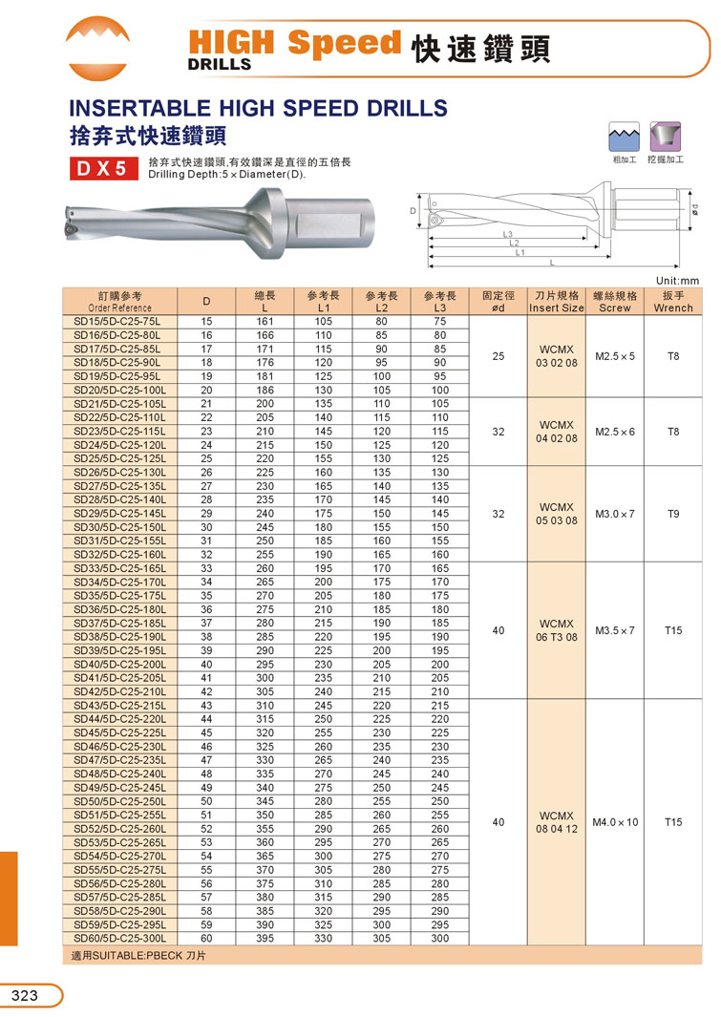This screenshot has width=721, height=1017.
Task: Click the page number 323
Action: (25, 996)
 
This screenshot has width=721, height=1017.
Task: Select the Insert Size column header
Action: (557, 302)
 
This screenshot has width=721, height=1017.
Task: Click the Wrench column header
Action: (673, 302)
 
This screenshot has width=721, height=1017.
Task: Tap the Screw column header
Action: (614, 302)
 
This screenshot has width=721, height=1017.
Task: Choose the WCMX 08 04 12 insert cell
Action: (557, 822)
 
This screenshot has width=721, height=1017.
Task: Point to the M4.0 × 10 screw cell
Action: (615, 822)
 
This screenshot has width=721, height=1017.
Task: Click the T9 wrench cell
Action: (673, 514)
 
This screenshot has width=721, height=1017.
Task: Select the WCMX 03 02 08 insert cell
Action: (557, 356)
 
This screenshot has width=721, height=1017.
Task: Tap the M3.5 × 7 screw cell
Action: (615, 630)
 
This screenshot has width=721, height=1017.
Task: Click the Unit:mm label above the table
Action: (678, 280)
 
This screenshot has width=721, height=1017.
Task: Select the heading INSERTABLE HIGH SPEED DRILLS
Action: (258, 107)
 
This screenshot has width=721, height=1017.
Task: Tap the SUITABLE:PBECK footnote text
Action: (139, 955)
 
